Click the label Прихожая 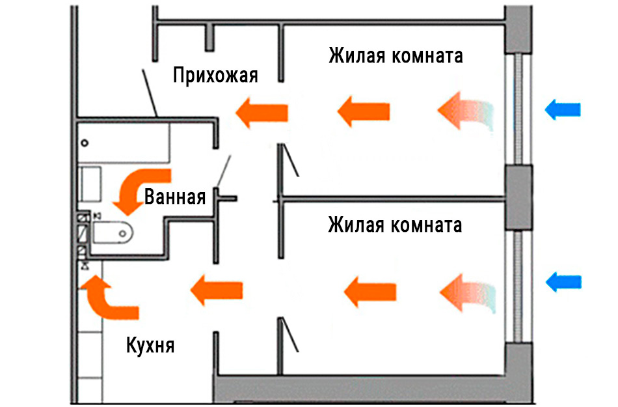point(215,76)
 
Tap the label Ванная point(175,197)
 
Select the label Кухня point(150,344)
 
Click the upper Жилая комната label point(396,55)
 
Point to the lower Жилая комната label point(395,225)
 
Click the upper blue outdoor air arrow point(562,109)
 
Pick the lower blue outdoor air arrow point(562,282)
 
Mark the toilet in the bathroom point(113,231)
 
